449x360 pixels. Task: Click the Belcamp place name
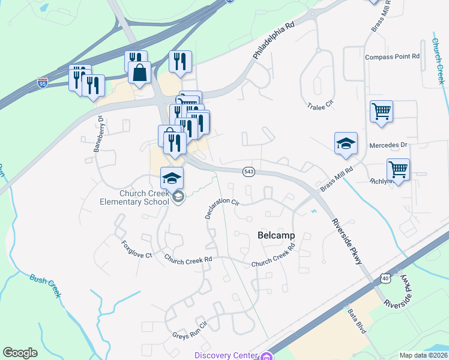[x=276, y=235]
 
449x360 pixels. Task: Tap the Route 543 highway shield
[x=249, y=172]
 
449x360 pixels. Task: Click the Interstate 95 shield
[x=43, y=82]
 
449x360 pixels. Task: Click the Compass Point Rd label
[x=393, y=56]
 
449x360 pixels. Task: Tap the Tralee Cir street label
[x=320, y=106]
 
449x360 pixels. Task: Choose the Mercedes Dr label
[x=388, y=145]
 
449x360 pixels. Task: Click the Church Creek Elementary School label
[x=136, y=197]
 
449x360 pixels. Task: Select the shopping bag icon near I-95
[x=139, y=73]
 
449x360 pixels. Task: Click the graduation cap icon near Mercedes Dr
[x=346, y=144]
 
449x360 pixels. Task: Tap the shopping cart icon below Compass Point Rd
[x=381, y=112]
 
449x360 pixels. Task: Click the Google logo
[x=20, y=353]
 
